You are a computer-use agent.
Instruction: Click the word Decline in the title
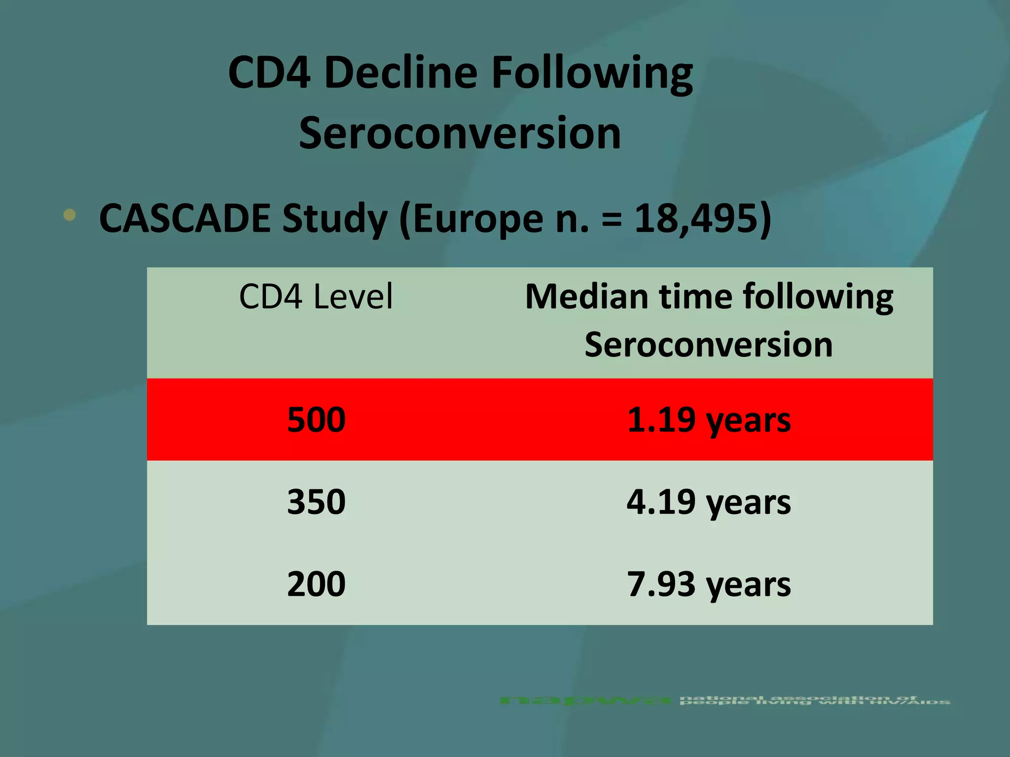tap(400, 72)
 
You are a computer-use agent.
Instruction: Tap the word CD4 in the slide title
tap(269, 72)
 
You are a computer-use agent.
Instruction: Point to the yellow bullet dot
tap(70, 215)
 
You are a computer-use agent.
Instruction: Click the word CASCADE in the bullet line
tap(184, 218)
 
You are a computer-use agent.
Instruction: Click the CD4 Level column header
tap(316, 297)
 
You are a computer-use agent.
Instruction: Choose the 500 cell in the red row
tap(316, 420)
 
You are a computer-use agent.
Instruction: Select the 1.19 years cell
tap(708, 420)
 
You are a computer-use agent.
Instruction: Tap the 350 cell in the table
tap(316, 502)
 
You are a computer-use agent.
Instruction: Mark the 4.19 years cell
tap(708, 502)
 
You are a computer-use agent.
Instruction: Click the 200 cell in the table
tap(316, 584)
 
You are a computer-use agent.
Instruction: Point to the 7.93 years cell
tap(708, 585)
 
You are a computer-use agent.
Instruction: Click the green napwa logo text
tap(585, 700)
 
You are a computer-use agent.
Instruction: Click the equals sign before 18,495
tap(612, 219)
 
